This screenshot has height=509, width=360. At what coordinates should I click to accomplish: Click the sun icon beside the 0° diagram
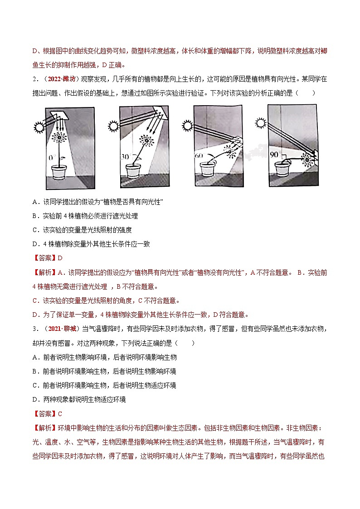(x=39, y=128)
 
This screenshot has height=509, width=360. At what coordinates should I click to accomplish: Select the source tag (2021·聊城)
(x=62, y=329)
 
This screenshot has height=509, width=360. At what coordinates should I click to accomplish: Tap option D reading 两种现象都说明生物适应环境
(x=79, y=399)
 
